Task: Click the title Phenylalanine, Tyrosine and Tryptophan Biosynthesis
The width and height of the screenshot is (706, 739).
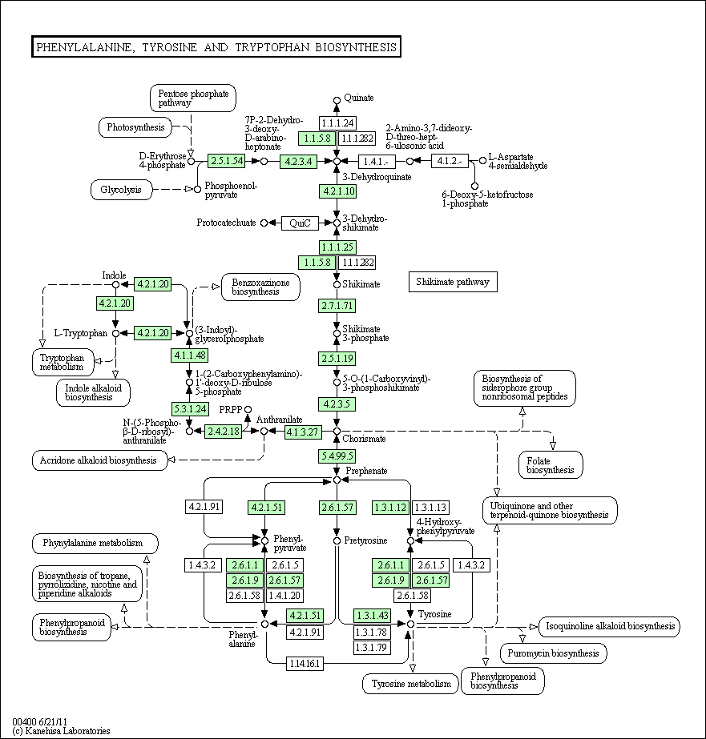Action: pyautogui.click(x=216, y=47)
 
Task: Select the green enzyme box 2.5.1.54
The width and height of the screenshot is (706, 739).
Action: pyautogui.click(x=226, y=161)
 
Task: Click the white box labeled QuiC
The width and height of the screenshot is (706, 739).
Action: pyautogui.click(x=301, y=223)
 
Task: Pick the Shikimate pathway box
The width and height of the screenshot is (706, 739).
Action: pyautogui.click(x=453, y=282)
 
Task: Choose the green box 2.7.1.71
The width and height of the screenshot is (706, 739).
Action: pyautogui.click(x=337, y=306)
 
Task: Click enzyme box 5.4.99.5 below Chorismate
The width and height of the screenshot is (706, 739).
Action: pyautogui.click(x=337, y=456)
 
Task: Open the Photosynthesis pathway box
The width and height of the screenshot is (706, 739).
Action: pyautogui.click(x=135, y=127)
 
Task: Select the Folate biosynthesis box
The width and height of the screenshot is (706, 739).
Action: pyautogui.click(x=551, y=465)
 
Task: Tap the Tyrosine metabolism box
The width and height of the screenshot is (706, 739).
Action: pyautogui.click(x=411, y=684)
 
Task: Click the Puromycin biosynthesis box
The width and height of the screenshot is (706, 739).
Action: pyautogui.click(x=553, y=653)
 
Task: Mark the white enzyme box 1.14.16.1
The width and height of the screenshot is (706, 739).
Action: pyautogui.click(x=305, y=663)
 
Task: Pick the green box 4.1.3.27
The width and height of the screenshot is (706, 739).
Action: pyautogui.click(x=303, y=432)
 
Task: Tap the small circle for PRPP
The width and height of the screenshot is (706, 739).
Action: pyautogui.click(x=248, y=410)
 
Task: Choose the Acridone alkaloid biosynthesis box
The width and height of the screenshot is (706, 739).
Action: pyautogui.click(x=100, y=460)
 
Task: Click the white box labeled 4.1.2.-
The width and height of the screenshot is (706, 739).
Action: pyautogui.click(x=450, y=161)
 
